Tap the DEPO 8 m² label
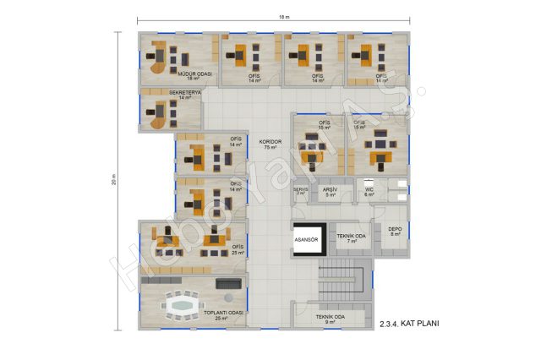(394, 231)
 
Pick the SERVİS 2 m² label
(301, 192)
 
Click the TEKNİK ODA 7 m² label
(351, 238)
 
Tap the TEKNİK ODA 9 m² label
(331, 319)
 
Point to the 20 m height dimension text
(113, 179)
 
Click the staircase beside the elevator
(345, 279)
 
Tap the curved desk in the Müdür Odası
(157, 58)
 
